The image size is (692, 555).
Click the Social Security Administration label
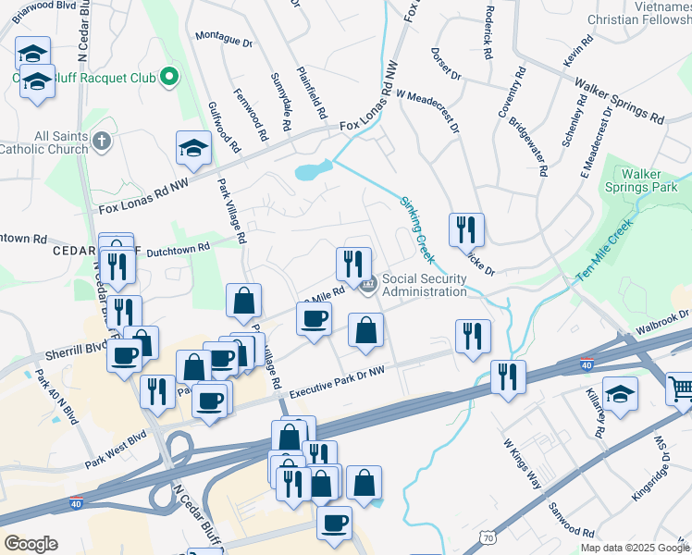(425, 285)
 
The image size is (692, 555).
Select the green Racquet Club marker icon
(169, 78)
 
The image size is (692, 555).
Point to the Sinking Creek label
(417, 229)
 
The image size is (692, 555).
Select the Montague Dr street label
(223, 40)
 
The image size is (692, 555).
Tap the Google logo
(31, 544)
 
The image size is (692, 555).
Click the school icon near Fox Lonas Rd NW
(193, 148)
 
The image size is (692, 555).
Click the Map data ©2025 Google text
(634, 548)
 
